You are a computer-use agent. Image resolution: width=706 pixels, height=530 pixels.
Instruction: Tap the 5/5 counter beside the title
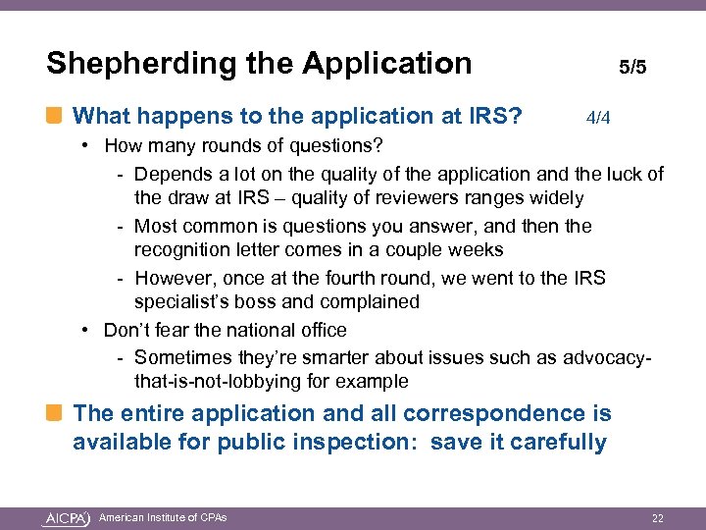coord(632,68)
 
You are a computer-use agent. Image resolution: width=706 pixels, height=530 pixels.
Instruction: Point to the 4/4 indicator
coord(598,119)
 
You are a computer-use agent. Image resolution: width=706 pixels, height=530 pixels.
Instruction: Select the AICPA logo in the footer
coord(68,517)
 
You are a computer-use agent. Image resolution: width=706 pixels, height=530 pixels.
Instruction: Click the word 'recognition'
coord(184,250)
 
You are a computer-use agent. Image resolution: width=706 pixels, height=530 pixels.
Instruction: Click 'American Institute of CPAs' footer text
coord(163,517)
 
